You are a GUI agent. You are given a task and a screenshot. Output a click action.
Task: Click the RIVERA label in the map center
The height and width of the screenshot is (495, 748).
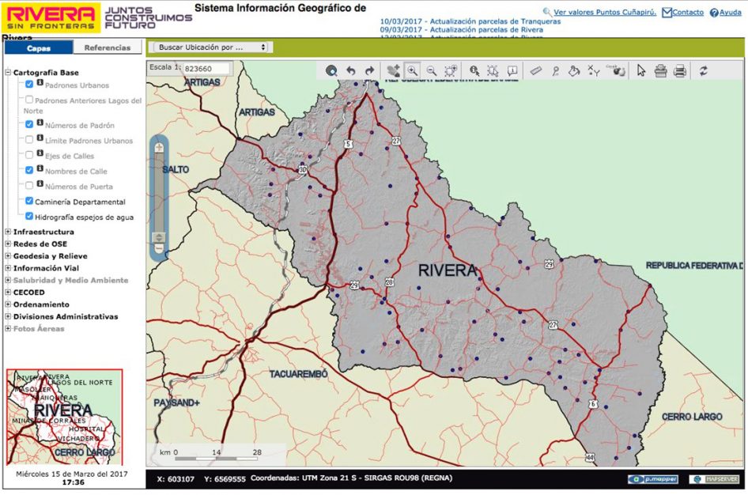[448, 270]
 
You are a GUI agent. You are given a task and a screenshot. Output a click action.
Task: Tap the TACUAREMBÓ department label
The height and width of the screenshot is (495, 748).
[298, 373]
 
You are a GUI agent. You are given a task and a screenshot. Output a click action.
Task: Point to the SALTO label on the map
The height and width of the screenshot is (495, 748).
[175, 169]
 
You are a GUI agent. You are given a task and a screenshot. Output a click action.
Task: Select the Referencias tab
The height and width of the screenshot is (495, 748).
[108, 47]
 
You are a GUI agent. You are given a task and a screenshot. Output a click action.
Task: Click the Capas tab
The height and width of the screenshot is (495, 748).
[39, 47]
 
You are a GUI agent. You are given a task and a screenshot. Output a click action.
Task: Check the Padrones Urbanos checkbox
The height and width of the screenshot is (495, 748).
[29, 85]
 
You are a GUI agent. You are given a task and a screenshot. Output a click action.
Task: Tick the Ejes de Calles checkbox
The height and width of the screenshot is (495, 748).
[29, 155]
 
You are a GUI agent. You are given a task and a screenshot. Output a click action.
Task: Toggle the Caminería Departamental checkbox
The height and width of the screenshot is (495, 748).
[29, 202]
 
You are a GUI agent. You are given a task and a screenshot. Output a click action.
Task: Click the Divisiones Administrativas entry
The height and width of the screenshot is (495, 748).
[65, 316]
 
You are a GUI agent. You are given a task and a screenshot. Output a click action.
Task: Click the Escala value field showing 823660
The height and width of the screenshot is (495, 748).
[206, 69]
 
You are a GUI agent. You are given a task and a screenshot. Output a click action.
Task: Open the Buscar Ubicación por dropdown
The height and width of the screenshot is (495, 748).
[210, 47]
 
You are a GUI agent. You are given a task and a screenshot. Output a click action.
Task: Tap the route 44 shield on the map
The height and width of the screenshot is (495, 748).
[589, 457]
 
